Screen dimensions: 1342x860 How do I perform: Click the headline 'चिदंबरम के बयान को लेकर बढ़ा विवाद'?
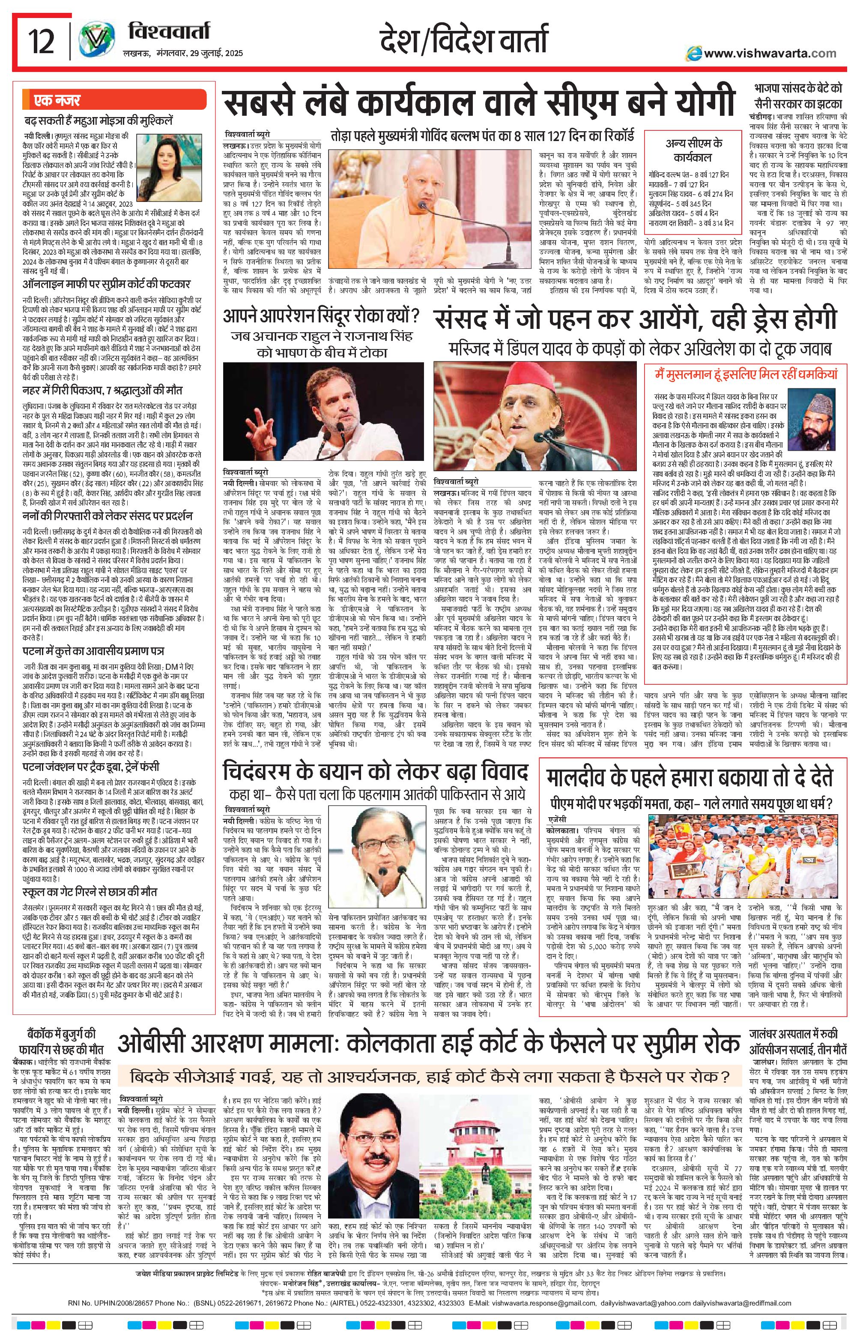375,773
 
